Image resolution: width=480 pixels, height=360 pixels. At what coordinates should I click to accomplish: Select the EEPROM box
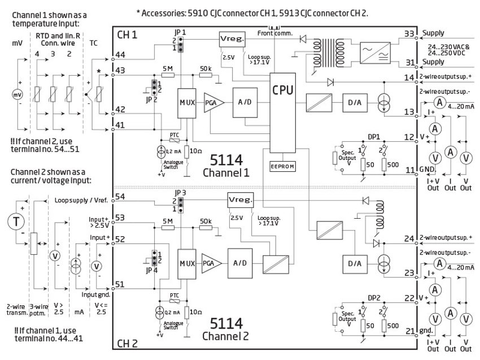283,167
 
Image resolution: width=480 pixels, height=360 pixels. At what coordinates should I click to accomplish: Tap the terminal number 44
120,54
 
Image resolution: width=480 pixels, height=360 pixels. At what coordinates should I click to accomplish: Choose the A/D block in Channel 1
244,103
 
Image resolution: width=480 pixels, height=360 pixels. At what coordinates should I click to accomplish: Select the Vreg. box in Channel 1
229,39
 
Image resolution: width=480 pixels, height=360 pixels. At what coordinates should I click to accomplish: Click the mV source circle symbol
18,96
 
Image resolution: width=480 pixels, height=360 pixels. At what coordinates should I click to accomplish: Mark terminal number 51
120,284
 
